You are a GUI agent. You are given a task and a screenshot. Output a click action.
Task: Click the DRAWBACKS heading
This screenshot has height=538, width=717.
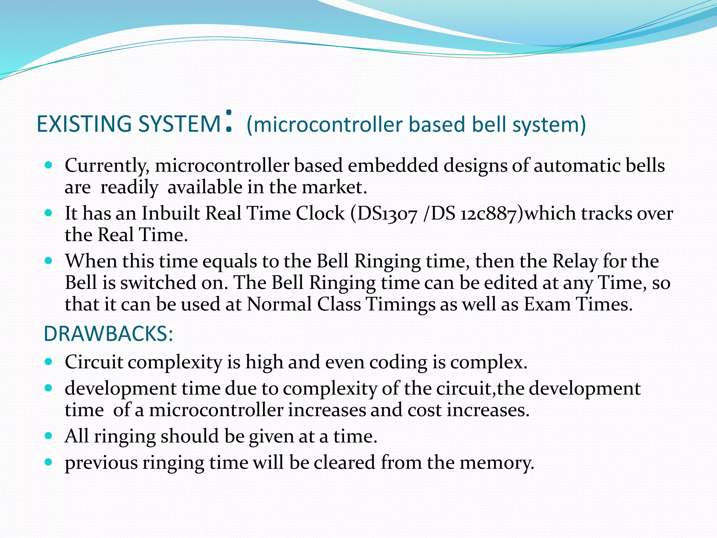click(108, 334)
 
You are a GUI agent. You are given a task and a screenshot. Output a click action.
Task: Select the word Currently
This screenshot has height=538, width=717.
click(107, 166)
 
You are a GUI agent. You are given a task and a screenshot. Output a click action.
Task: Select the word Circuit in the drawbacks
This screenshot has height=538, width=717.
click(93, 362)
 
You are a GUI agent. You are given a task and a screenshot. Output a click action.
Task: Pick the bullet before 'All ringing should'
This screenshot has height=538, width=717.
click(49, 436)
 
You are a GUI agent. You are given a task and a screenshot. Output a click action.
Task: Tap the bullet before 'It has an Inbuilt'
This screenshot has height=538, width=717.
click(49, 213)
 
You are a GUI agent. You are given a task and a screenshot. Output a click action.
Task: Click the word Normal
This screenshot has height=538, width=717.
click(279, 304)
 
